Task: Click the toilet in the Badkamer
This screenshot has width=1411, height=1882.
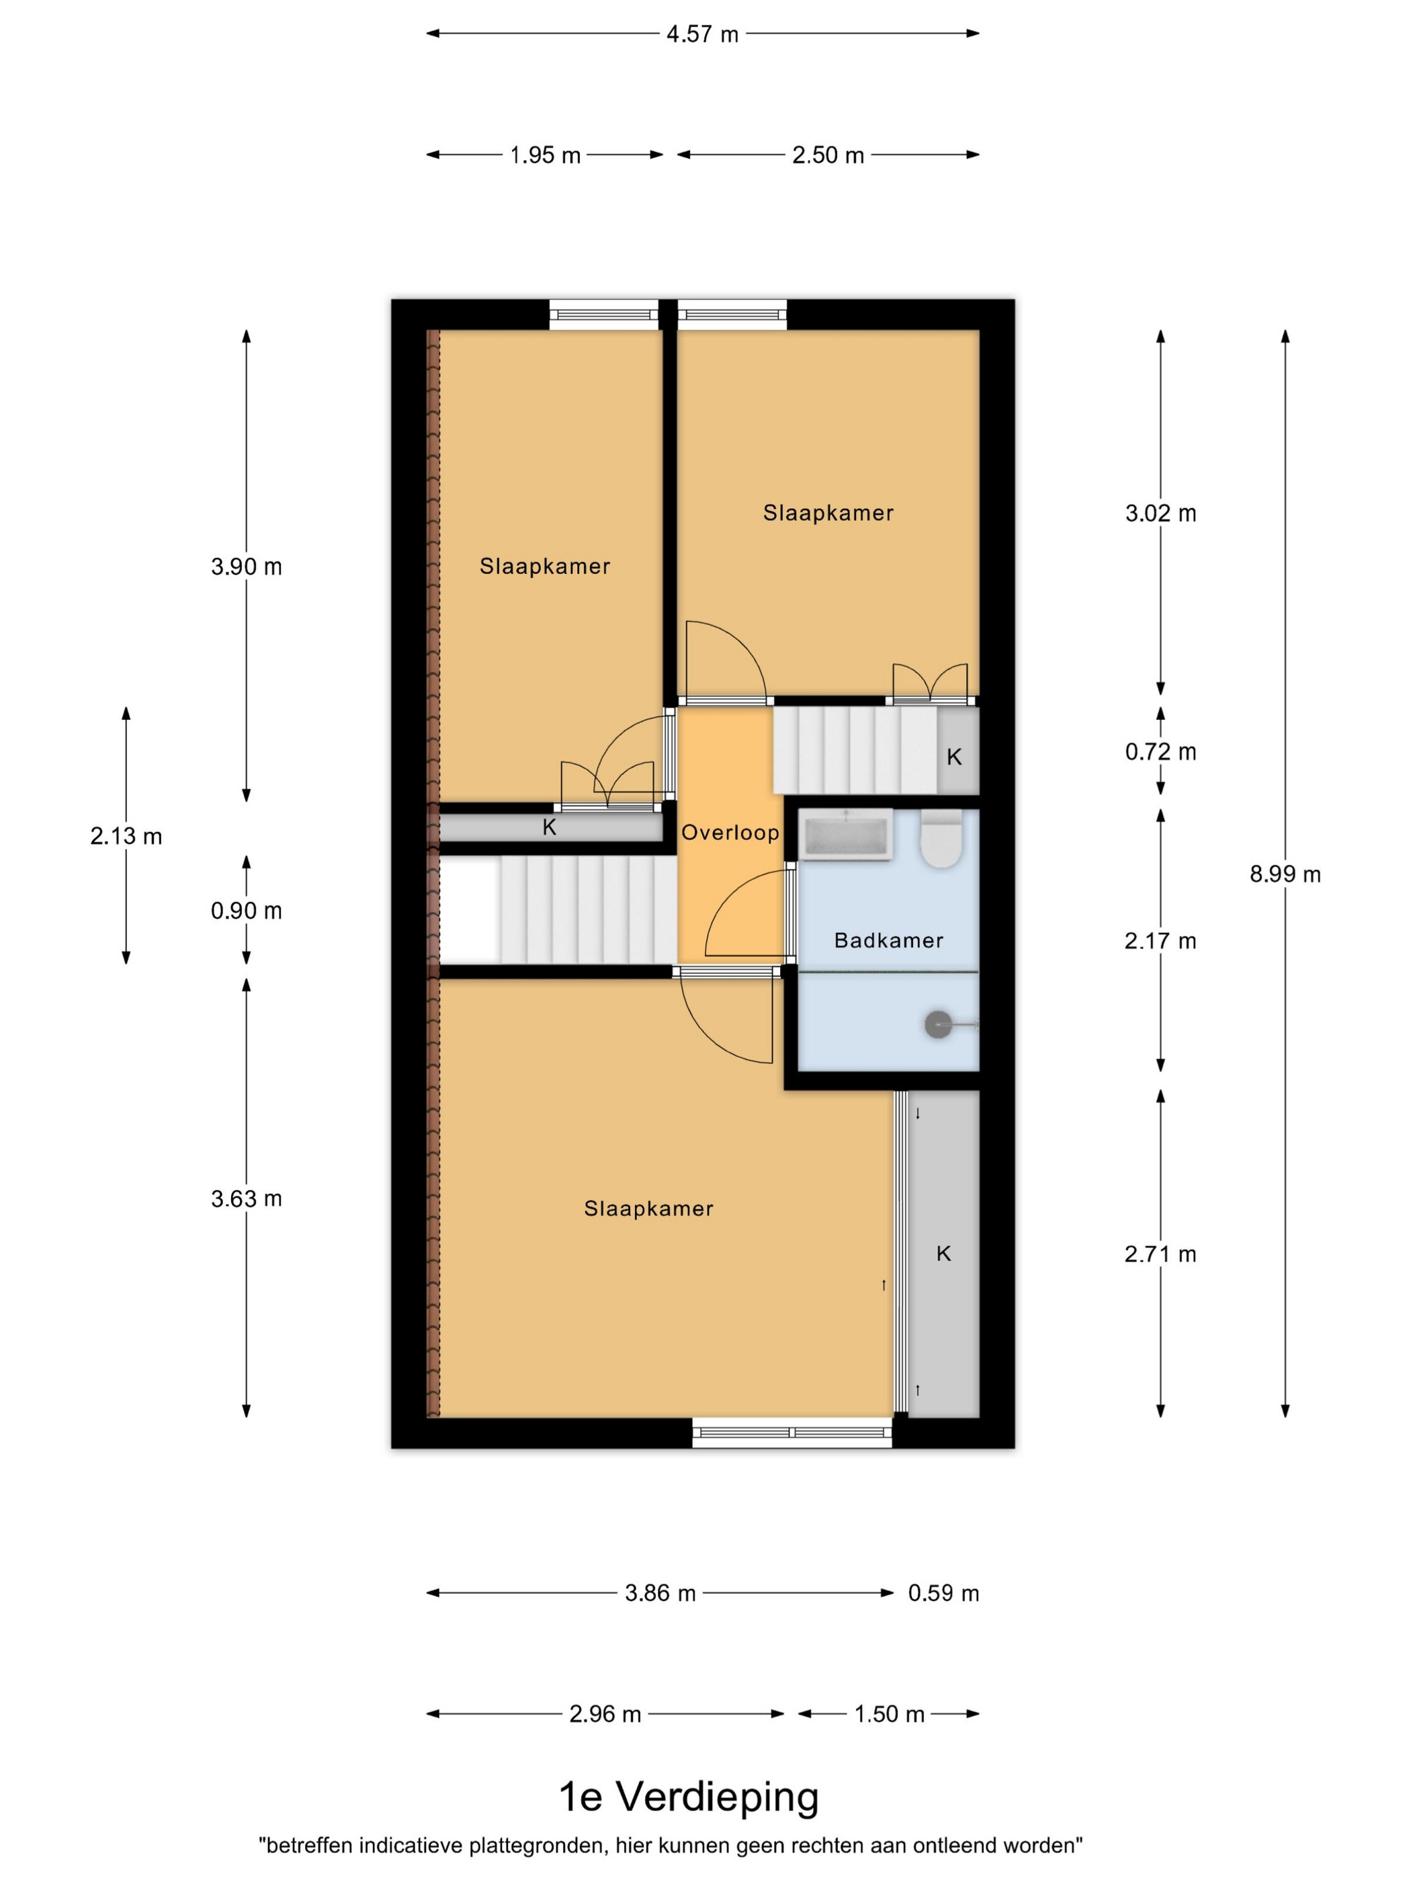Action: point(941,837)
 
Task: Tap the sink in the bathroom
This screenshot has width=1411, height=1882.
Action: point(845,834)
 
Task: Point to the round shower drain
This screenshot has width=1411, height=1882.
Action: point(938,1024)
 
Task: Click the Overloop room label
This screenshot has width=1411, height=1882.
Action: point(730,832)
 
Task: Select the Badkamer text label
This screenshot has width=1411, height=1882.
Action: point(888,940)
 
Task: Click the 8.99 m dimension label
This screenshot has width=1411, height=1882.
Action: point(1284,874)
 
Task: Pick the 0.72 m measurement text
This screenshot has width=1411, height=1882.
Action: point(1160,751)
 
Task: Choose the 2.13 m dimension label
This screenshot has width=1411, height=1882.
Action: point(126,835)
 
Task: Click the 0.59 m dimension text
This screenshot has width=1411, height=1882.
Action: point(943,1593)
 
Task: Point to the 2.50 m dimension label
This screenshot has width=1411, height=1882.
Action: point(828,155)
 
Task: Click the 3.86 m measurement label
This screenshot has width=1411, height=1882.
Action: point(660,1593)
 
